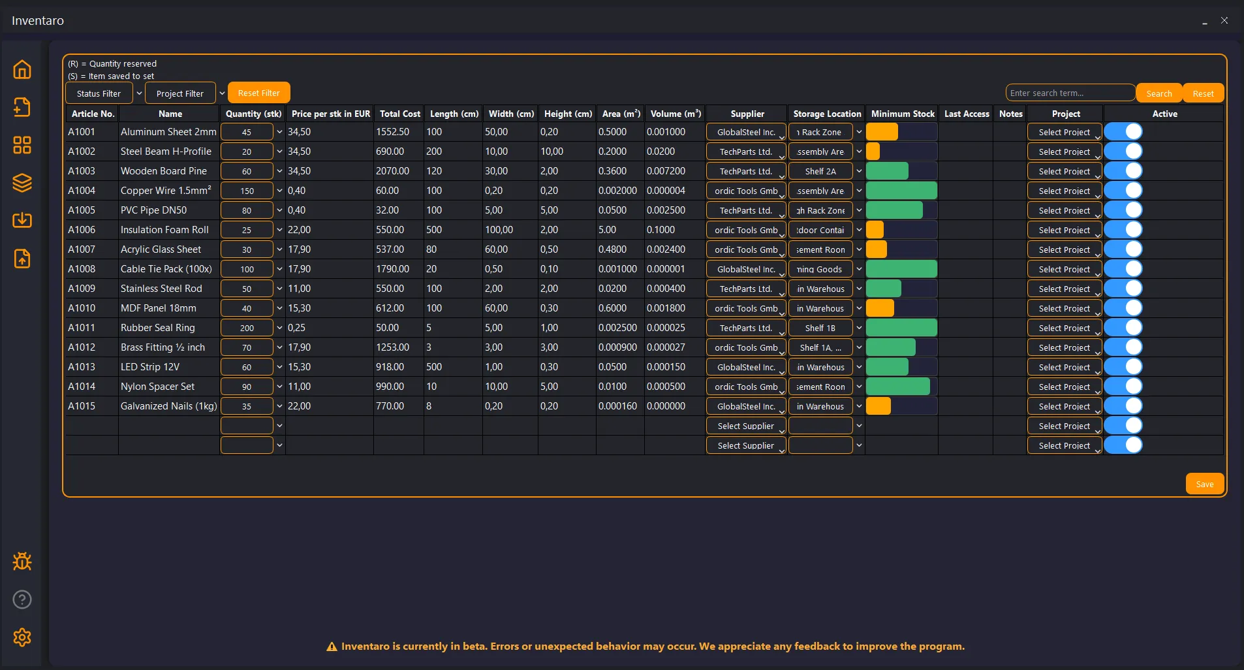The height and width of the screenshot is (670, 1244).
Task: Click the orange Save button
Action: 1204,484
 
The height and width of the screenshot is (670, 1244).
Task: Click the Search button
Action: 1158,93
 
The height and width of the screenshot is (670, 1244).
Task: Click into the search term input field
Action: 1070,93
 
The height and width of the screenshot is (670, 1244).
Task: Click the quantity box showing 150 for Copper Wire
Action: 247,191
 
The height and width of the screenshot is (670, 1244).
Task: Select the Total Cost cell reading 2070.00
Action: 393,171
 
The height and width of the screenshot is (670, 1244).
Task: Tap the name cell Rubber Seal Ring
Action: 158,328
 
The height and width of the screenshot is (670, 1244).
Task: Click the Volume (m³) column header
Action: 676,114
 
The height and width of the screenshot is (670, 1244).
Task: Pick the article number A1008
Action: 82,269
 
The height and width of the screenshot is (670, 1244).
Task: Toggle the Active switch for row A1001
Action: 1124,132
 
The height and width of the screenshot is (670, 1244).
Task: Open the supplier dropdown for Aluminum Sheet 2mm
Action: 746,132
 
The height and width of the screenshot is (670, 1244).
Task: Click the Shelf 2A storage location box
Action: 820,171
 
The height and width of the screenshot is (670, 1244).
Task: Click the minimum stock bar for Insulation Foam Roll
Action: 901,230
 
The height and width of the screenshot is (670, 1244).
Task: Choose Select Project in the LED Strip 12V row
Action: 1065,367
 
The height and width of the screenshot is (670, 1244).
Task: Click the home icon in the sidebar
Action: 22,69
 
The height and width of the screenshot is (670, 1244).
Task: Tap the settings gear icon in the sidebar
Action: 22,637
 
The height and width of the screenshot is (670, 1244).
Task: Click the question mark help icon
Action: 22,599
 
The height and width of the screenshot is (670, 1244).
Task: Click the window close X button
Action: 1224,20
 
